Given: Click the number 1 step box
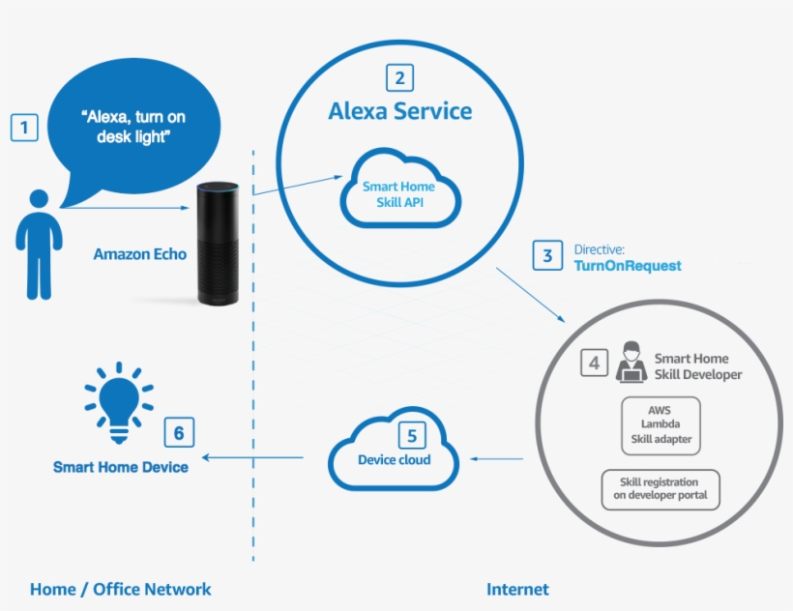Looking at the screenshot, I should [x=24, y=127].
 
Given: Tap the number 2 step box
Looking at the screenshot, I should [x=400, y=77].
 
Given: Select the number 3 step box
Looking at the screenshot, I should [x=547, y=256].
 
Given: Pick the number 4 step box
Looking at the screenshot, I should [x=595, y=364].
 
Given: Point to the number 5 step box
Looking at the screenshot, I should [x=411, y=436].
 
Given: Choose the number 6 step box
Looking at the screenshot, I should [x=178, y=432].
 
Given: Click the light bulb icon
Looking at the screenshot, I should [x=118, y=404].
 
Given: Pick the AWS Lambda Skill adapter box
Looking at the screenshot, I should [x=660, y=424].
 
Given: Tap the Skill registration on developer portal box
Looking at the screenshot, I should [x=660, y=488].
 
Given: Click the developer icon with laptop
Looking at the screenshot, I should [x=631, y=362].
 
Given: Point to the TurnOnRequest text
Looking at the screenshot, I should [x=628, y=266].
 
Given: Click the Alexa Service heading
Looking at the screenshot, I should [x=400, y=111].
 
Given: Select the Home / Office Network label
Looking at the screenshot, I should [x=120, y=589].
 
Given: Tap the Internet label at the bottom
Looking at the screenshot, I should [x=517, y=589].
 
